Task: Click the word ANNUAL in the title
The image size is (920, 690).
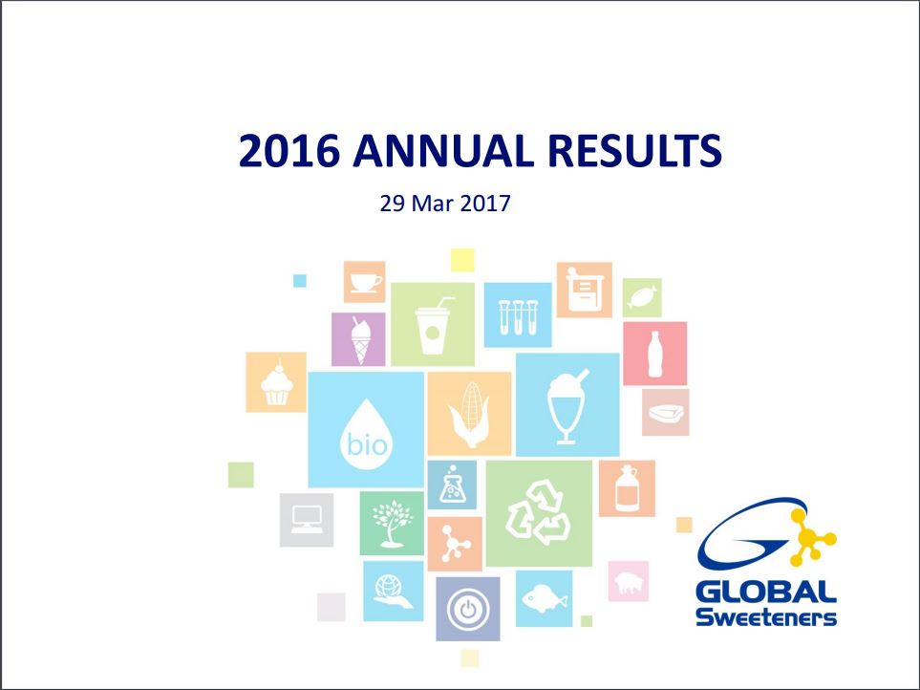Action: point(443,151)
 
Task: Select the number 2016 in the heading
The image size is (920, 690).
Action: point(289,151)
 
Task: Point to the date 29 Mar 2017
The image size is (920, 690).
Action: point(445,204)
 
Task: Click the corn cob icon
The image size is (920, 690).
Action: point(469,414)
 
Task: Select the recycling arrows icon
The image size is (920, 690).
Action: point(538,512)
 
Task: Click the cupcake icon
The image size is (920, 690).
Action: point(276,382)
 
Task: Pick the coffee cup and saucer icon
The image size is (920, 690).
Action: point(365,282)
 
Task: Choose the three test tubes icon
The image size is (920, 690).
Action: point(518,317)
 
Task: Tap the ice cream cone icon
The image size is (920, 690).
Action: point(360,339)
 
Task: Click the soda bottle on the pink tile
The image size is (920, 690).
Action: point(654,354)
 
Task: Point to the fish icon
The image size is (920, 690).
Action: point(544,598)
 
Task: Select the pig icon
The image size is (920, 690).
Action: point(629,582)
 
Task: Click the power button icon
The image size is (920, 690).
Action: point(467,609)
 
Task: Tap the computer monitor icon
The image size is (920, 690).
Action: point(307,519)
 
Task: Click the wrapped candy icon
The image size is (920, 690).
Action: point(643,298)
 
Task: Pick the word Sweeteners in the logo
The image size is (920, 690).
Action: point(766,617)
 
